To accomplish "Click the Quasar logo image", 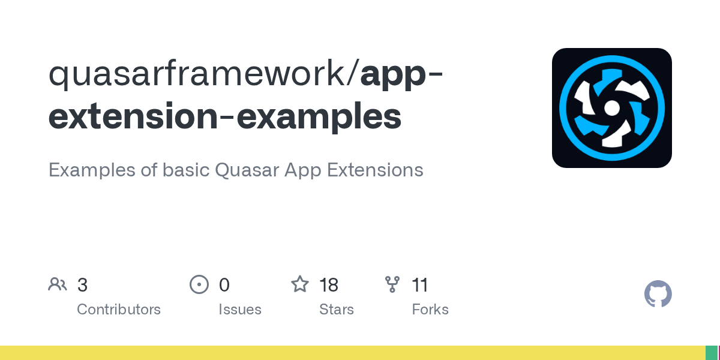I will (611, 108).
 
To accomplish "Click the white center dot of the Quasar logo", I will (611, 108).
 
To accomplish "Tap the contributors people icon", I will (58, 284).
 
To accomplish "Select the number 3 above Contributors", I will (83, 285).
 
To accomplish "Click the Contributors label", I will (119, 310).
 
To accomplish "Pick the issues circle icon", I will (199, 284).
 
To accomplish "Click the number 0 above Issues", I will (224, 285).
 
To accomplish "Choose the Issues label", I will (240, 310).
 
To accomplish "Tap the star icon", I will (300, 284).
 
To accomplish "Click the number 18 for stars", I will (329, 285).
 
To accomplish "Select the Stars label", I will (337, 310).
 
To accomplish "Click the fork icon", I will (392, 284).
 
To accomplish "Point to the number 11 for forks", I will (420, 285).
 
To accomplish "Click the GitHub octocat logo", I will (658, 294).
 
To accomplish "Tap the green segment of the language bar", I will (711, 353).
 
